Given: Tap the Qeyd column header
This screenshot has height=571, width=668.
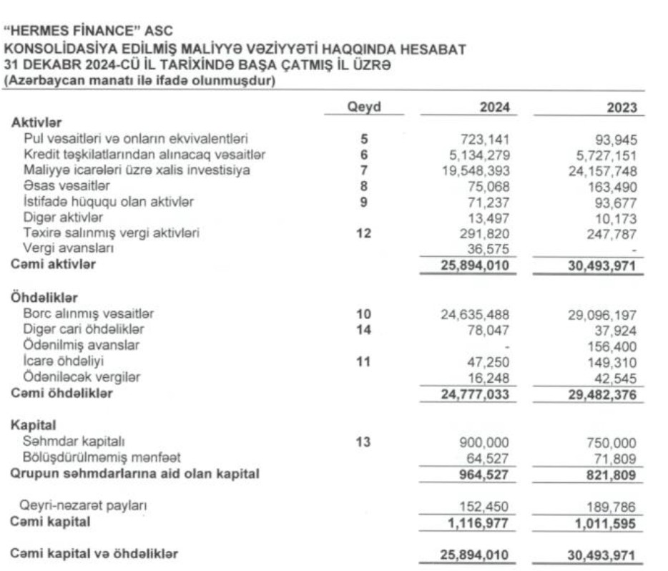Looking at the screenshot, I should (363, 107).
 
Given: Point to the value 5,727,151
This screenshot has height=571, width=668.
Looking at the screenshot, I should (607, 155).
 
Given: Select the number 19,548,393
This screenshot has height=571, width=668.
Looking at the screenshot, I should (477, 170).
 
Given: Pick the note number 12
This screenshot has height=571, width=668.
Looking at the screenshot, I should (363, 233).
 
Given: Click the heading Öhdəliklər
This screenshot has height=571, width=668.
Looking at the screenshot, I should (44, 298).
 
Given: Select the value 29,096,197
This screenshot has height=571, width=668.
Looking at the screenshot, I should (604, 313).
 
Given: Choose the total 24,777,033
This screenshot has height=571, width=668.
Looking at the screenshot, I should (476, 393).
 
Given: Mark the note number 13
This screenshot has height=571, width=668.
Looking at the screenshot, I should (363, 442).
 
